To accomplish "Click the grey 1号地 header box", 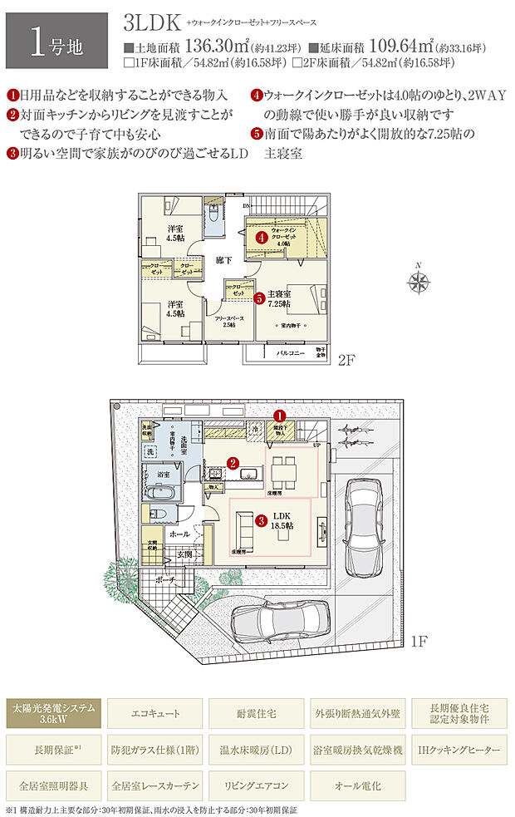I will pyautogui.click(x=56, y=40).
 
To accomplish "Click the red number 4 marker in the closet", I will pyautogui.click(x=261, y=237).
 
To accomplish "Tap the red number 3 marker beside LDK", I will pyautogui.click(x=261, y=521).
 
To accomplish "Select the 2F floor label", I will pyautogui.click(x=346, y=362).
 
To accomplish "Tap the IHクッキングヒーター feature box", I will pyautogui.click(x=459, y=750).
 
